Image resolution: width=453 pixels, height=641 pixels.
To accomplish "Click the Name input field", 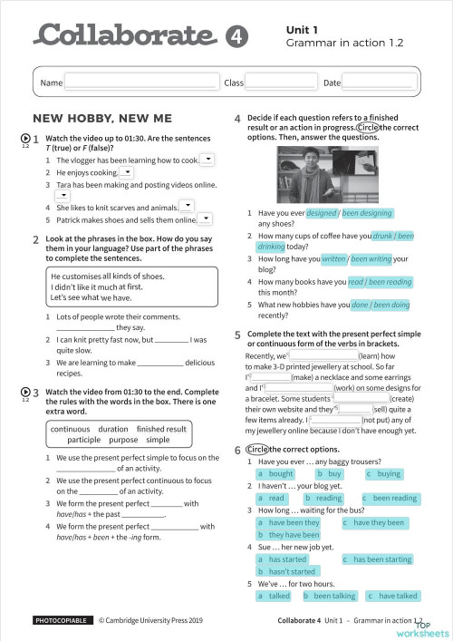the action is tap(141, 83).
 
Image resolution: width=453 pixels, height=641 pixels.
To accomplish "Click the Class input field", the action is tap(281, 83).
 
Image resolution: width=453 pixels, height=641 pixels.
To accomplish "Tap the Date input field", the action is tap(379, 83).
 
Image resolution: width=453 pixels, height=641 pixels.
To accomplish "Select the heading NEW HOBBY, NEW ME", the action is tap(101, 119).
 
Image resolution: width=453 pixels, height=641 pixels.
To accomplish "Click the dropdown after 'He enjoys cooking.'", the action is tap(127, 172).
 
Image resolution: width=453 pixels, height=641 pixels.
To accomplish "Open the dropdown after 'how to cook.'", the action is tap(207, 160).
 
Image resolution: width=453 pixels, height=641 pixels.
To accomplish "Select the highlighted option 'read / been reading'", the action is tap(380, 282).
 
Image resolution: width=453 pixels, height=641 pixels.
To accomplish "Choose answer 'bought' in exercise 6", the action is tap(275, 474).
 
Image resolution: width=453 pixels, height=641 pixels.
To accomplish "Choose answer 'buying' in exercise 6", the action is tap(383, 474).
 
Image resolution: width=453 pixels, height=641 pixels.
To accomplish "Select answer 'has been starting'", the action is tap(376, 559).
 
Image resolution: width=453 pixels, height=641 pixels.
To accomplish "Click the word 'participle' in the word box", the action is tap(90, 440).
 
